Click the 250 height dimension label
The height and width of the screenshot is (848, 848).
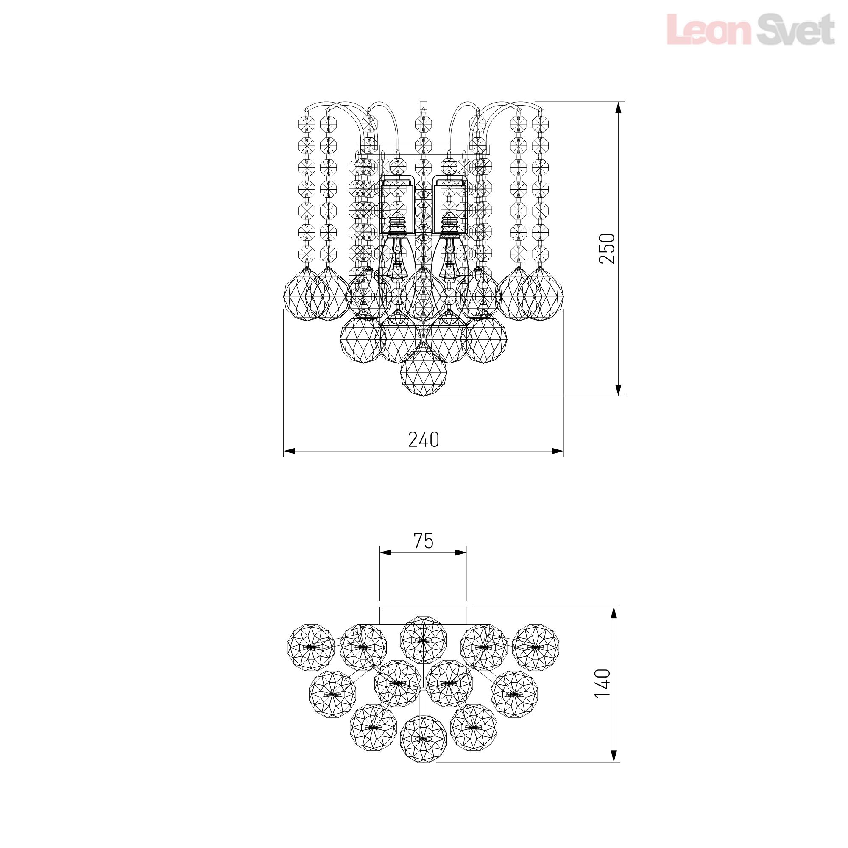607,248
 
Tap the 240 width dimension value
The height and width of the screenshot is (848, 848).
424,439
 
